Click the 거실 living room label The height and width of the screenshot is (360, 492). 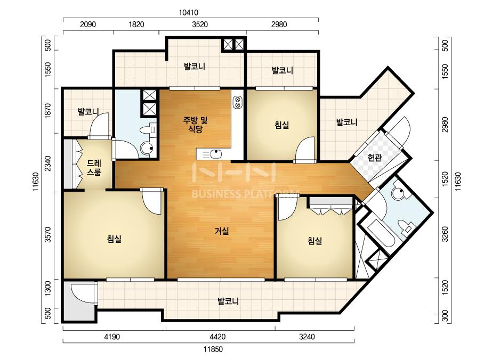[x=222, y=232]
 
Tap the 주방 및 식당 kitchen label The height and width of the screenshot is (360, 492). [x=196, y=125]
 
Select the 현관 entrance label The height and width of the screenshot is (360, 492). [x=375, y=158]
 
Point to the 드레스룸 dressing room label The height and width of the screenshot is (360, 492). [x=94, y=168]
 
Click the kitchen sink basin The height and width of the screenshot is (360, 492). [x=216, y=154]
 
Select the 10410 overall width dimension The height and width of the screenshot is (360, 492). [x=188, y=13]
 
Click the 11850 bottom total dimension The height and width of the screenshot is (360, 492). [x=213, y=349]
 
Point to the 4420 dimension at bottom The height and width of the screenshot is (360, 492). [x=217, y=337]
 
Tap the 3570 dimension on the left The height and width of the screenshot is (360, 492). [x=47, y=235]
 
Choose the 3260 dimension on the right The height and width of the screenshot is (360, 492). [x=445, y=234]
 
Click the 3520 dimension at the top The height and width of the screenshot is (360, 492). [x=200, y=24]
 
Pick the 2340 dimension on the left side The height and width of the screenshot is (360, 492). [x=47, y=163]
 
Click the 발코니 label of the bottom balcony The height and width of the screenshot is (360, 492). [x=229, y=301]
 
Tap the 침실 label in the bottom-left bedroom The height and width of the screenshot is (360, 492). [x=114, y=239]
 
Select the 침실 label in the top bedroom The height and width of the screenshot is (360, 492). [x=282, y=125]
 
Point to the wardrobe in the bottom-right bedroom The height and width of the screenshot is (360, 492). [x=332, y=206]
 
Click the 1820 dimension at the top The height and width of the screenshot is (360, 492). [x=136, y=24]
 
